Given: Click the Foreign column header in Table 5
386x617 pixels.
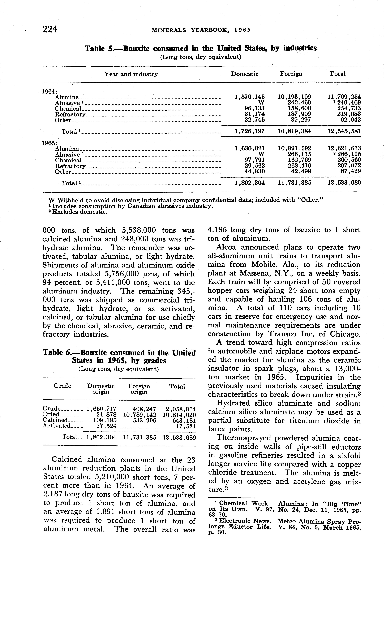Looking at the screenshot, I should [291, 74].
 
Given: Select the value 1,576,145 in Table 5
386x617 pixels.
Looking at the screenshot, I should [249, 97].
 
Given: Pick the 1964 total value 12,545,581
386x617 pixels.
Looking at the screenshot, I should [344, 131].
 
